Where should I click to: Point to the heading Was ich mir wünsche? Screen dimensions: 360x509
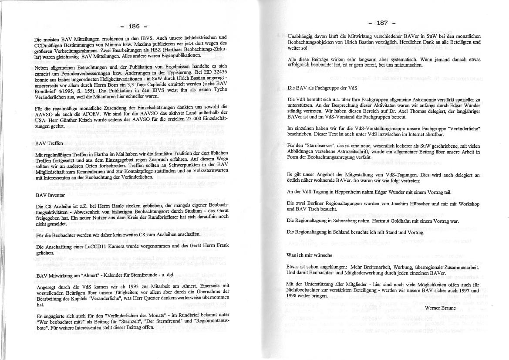click(309, 255)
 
